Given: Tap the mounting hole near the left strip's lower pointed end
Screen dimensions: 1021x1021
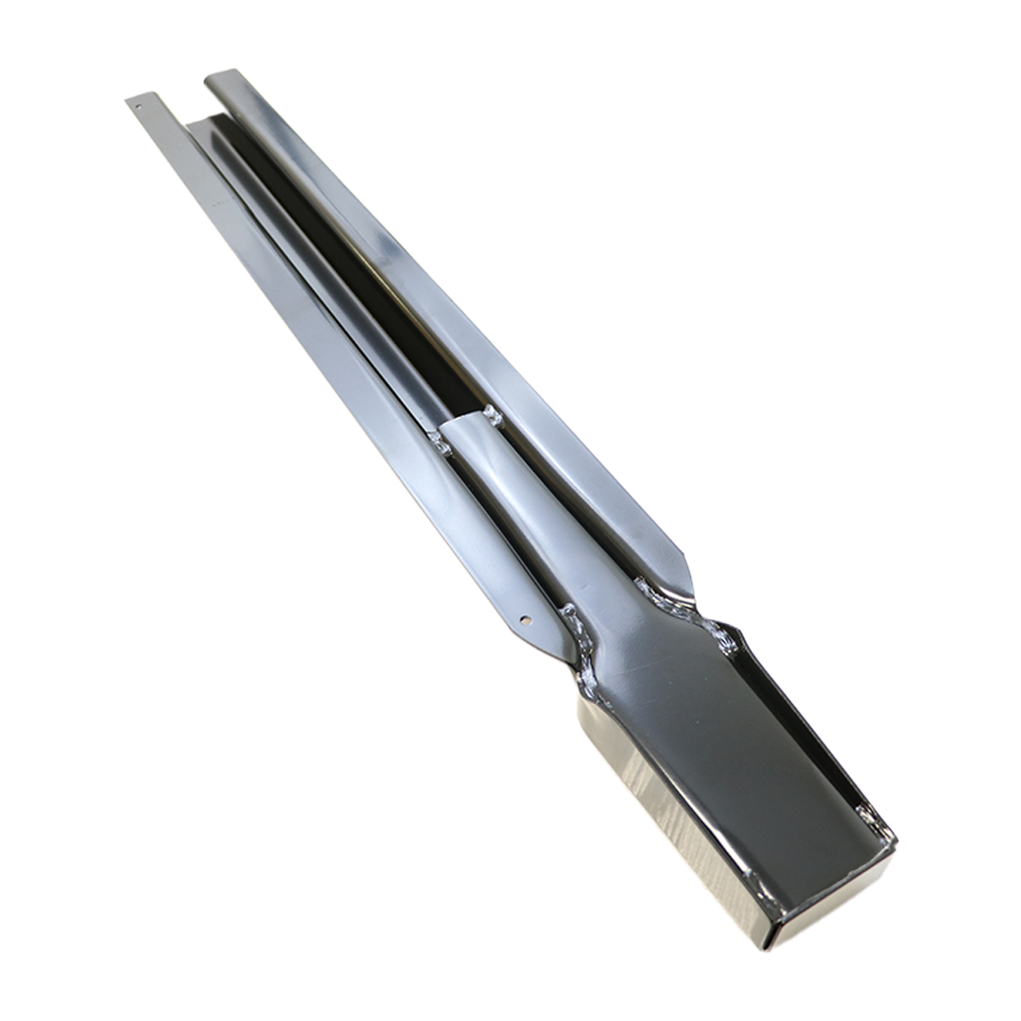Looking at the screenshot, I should tap(526, 620).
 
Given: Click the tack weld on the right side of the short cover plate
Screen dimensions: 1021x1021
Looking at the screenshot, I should tap(492, 413).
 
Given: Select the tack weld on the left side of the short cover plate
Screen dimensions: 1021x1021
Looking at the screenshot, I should tap(441, 441).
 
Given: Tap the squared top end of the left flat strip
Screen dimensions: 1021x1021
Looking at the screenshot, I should tap(140, 97).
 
